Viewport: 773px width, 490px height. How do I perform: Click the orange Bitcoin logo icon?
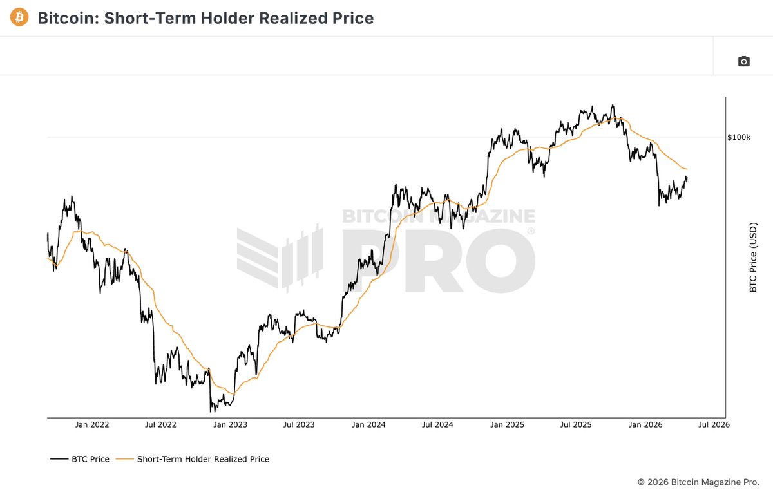(19, 17)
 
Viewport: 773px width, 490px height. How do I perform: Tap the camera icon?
(743, 61)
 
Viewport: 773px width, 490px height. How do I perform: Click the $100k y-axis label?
(739, 137)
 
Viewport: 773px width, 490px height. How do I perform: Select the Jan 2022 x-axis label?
(91, 425)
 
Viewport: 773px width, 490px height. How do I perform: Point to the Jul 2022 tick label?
(160, 425)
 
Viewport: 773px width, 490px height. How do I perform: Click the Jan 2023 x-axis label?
(230, 425)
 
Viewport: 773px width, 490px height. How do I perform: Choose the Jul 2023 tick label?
(299, 425)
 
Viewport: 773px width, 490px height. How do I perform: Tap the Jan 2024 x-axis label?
(368, 425)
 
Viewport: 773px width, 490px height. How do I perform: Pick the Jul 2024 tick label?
(437, 425)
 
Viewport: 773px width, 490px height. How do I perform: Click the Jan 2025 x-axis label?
(507, 425)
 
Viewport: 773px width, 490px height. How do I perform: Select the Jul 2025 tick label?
(576, 425)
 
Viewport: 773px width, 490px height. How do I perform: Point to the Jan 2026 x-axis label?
(645, 425)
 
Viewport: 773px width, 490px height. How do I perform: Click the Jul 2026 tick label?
(714, 425)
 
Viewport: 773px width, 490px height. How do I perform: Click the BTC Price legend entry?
(90, 459)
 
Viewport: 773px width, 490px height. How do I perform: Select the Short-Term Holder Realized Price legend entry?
(203, 459)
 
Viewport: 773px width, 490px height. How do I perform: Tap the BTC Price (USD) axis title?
(753, 258)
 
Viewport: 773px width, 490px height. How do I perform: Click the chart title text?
(205, 18)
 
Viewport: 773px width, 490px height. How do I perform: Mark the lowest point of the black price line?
(211, 411)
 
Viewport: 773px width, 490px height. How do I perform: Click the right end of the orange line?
(687, 169)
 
